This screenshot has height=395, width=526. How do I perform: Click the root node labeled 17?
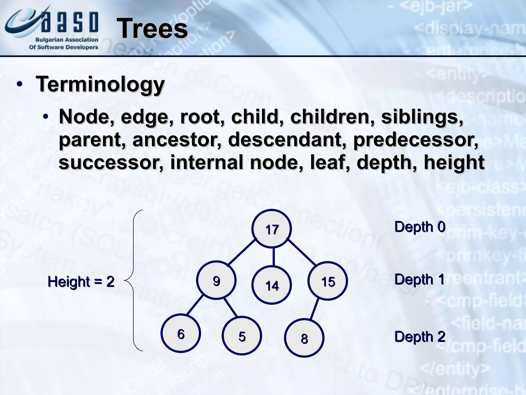272,229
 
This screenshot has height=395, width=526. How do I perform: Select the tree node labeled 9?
216,280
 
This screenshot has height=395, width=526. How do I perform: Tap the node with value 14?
272,285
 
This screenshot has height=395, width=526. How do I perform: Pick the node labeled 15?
328,281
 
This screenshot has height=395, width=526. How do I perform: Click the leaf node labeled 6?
181,334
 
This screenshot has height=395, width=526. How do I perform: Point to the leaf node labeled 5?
242,336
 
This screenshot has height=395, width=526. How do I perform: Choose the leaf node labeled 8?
304,338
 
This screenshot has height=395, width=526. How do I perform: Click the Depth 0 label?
420,227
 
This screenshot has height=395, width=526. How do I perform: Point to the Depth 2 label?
420,337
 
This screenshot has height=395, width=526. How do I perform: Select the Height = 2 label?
81,282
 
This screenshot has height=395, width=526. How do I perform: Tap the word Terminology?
100,84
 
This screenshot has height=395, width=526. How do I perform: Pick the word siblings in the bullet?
422,117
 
